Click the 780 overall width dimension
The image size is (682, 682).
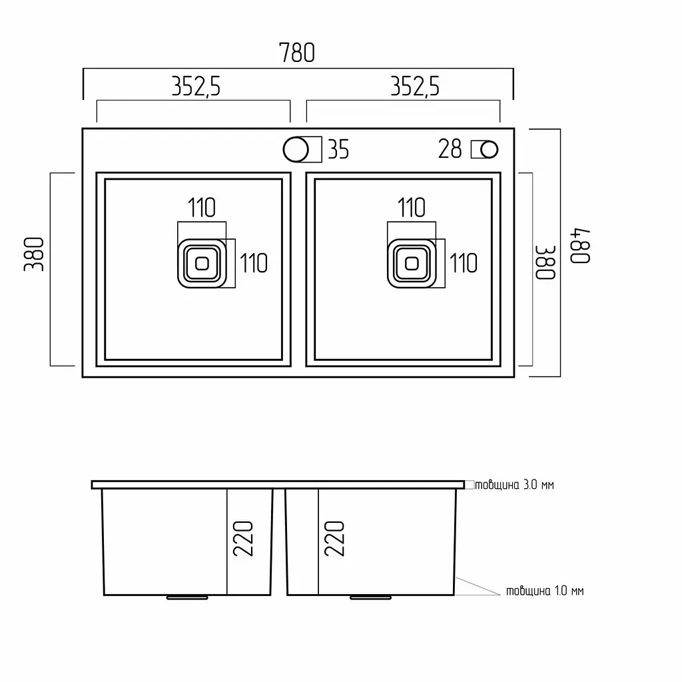(x=296, y=53)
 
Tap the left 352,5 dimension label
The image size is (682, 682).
(x=196, y=86)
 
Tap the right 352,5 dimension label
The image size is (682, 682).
(x=415, y=86)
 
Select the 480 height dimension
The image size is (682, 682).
(x=580, y=246)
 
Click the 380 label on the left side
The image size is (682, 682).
(x=34, y=254)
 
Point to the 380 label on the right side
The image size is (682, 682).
(x=545, y=262)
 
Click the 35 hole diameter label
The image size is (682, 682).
(x=338, y=150)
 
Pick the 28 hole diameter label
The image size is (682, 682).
(x=450, y=149)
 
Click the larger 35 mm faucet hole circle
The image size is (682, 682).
(x=296, y=149)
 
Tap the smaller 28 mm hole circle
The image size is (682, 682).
(x=490, y=150)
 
